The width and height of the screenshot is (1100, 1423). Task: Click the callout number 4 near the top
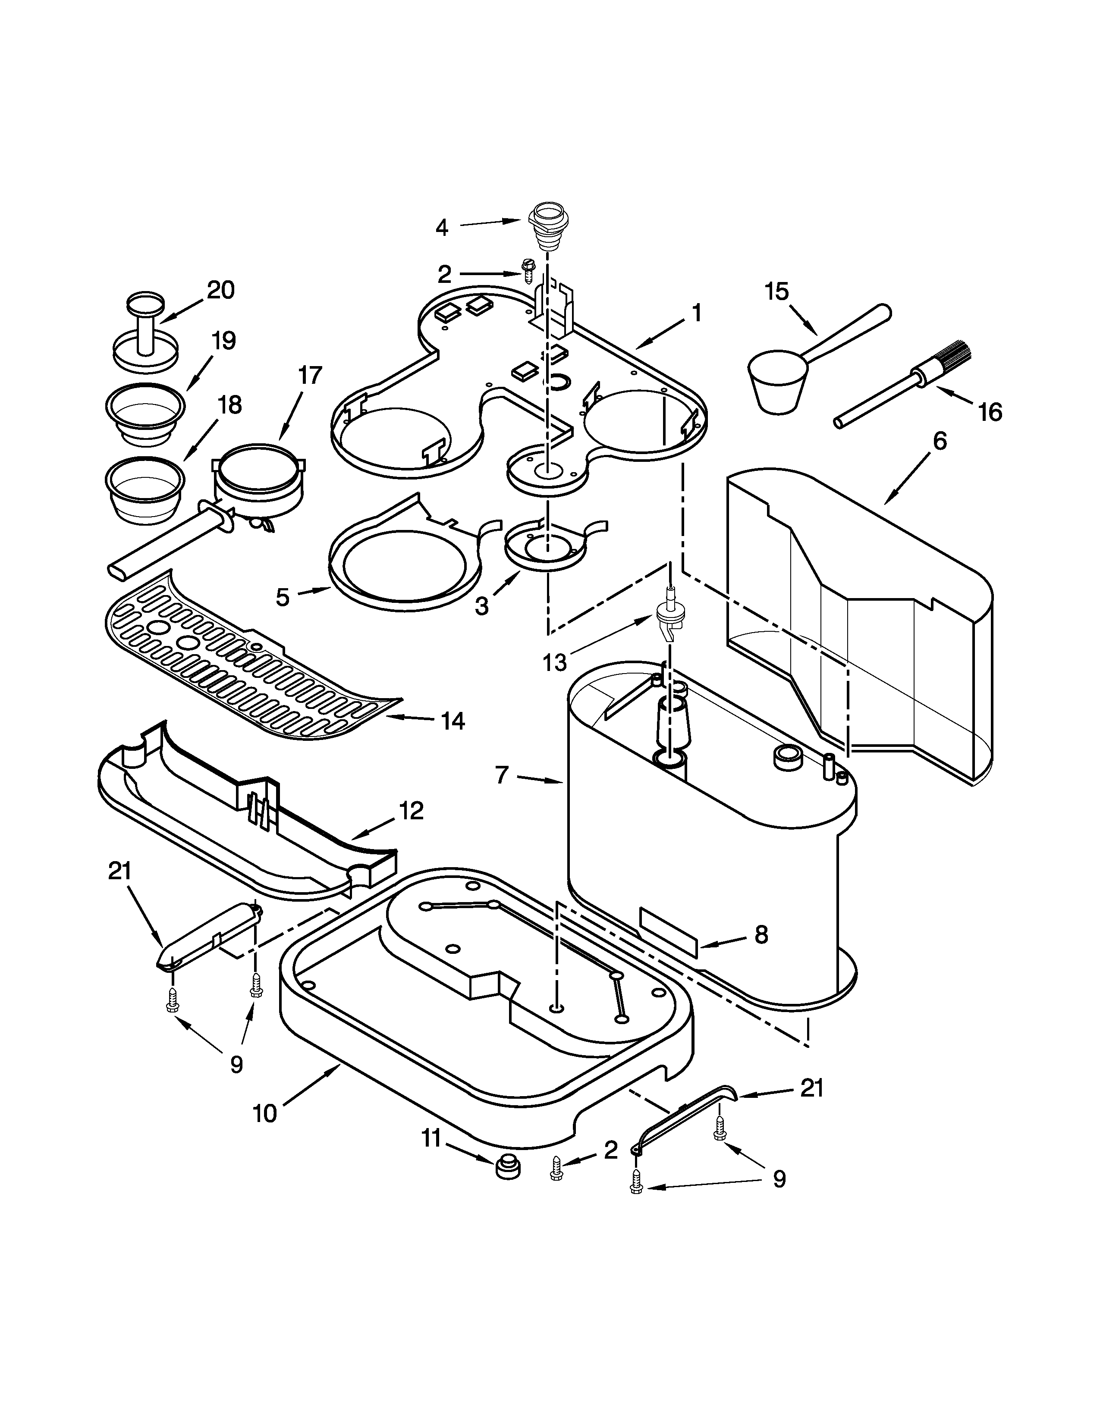pos(442,228)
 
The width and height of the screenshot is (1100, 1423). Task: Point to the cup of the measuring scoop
pos(777,384)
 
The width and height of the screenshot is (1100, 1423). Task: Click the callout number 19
pos(223,341)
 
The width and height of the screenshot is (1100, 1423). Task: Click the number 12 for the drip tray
pos(411,811)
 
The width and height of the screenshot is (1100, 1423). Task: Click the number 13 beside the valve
pos(555,663)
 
